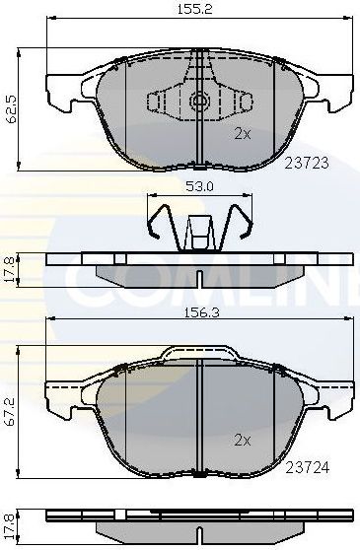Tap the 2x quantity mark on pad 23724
[242, 439]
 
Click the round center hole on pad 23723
[197, 102]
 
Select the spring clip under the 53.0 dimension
[197, 222]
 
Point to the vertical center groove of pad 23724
[198, 414]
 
